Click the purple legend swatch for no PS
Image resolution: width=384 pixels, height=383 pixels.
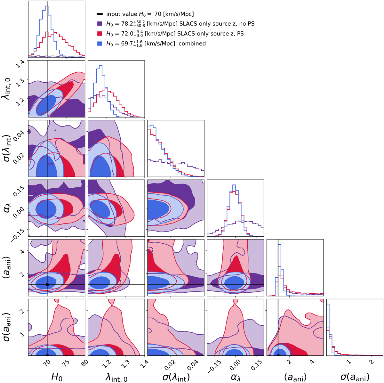[100, 24]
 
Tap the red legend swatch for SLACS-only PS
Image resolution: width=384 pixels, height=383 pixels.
[100, 34]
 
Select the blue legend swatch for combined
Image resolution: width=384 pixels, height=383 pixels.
[100, 43]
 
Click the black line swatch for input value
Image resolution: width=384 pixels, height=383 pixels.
[100, 14]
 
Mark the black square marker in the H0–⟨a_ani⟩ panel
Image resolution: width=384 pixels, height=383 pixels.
[47, 285]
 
